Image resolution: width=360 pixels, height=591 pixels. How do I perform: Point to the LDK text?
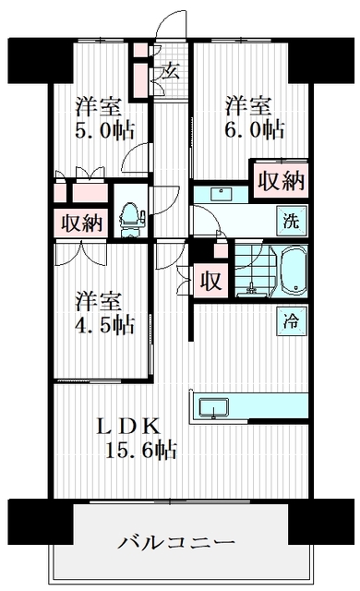coord(130,427)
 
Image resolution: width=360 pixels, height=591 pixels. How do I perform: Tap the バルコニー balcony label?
coord(176,541)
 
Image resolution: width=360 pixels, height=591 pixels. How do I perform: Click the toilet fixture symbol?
coord(129,213)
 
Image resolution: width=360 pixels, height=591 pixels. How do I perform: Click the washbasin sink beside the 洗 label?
coord(220,194)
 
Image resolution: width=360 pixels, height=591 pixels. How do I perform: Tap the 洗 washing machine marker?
coord(290,222)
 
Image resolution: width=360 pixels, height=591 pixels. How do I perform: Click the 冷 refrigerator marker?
coord(290,323)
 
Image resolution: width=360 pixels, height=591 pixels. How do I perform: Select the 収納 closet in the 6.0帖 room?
coord(280,180)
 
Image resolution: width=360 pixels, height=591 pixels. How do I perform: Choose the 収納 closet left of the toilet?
coord(81,222)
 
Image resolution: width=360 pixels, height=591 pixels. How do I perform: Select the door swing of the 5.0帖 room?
coord(136,157)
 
